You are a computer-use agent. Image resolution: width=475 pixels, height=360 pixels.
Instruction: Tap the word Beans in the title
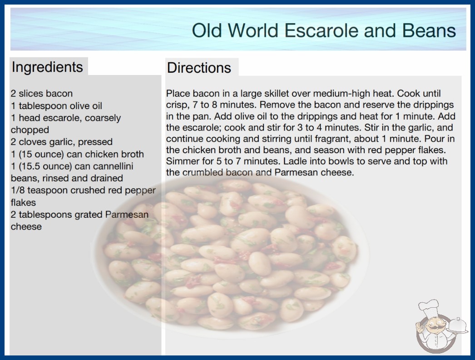pyautogui.click(x=429, y=30)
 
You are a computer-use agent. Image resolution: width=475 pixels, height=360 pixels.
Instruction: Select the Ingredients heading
pyautogui.click(x=47, y=67)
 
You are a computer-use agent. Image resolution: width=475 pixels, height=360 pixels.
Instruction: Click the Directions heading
pyautogui.click(x=199, y=68)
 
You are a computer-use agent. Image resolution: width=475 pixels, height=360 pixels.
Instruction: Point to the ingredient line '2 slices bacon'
pyautogui.click(x=42, y=94)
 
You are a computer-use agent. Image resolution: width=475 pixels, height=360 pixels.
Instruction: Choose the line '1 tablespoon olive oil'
pyautogui.click(x=57, y=106)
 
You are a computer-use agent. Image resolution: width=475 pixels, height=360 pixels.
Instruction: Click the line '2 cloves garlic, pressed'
pyautogui.click(x=62, y=142)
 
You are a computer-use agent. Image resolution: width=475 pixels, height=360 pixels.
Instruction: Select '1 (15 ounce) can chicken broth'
pyautogui.click(x=78, y=154)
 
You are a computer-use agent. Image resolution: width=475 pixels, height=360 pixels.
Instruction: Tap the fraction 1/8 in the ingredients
pyautogui.click(x=18, y=190)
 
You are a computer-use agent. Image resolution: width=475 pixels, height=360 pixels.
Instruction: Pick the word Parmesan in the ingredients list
pyautogui.click(x=127, y=215)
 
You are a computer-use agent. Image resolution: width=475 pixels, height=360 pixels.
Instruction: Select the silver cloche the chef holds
pyautogui.click(x=458, y=326)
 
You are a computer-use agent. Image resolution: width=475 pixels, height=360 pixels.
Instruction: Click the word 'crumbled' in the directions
pyautogui.click(x=203, y=172)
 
